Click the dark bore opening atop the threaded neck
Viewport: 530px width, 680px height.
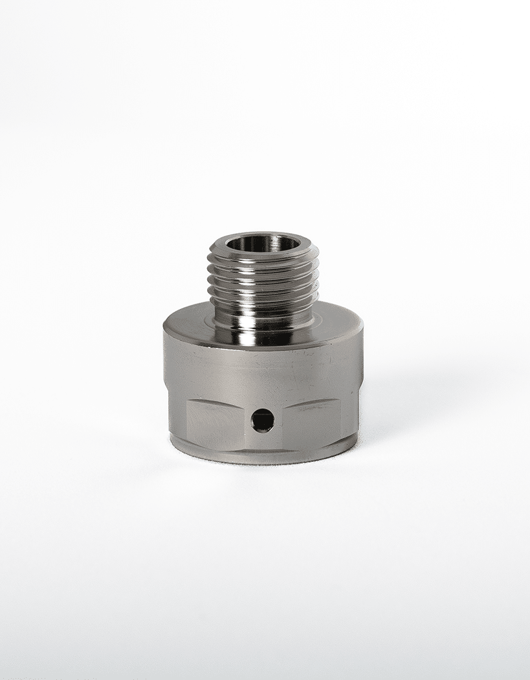263,244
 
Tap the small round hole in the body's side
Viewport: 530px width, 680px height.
262,421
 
